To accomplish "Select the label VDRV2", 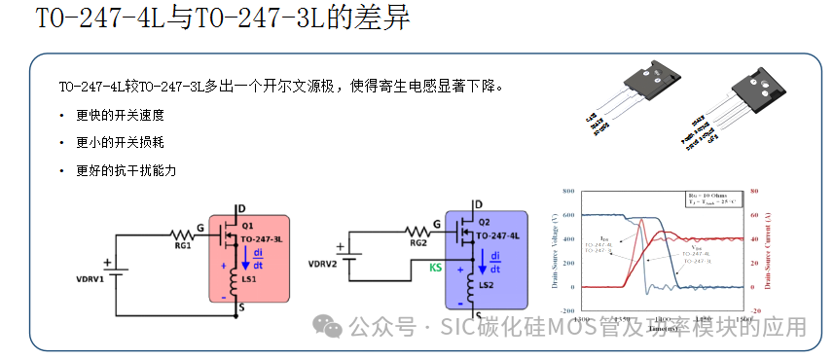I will [322, 264].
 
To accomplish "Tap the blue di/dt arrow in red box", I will [246, 259].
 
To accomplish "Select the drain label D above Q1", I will [239, 206].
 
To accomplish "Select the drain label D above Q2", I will [478, 204].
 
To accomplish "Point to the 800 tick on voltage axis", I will [568, 191].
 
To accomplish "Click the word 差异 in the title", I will [376, 19].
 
